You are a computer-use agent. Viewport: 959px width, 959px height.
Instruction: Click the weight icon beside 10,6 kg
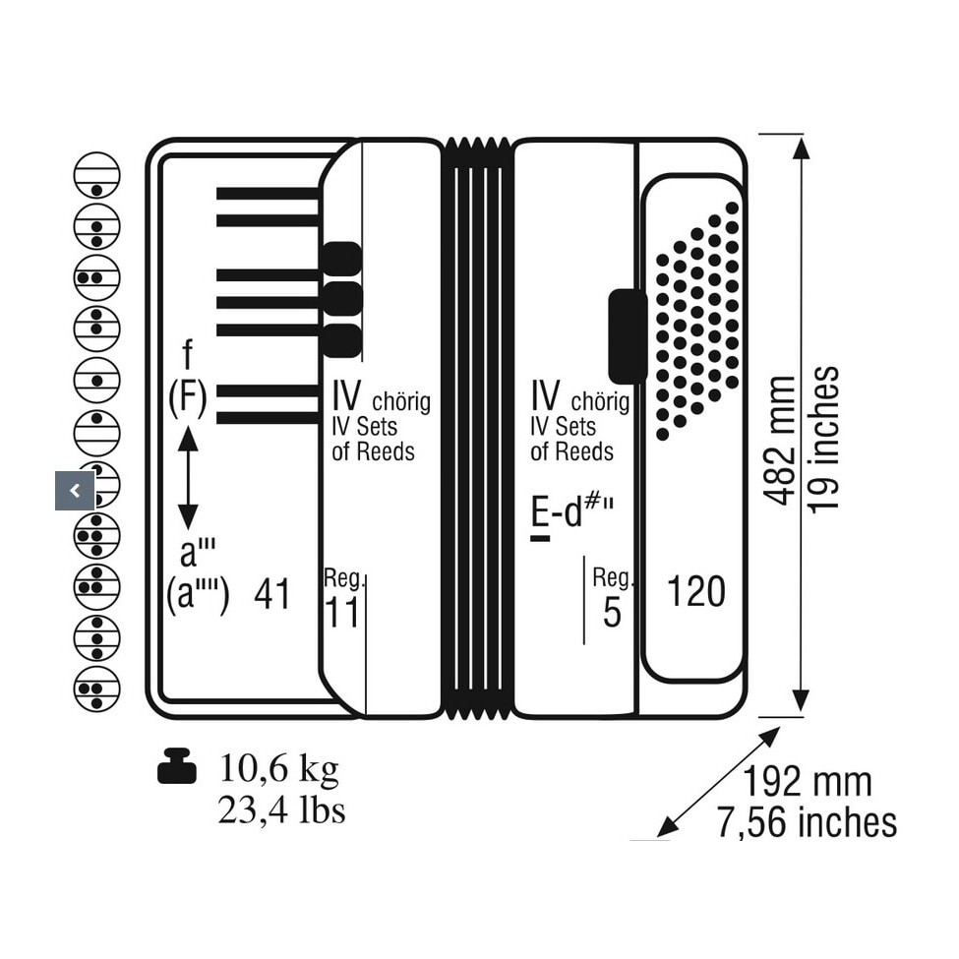click(x=177, y=766)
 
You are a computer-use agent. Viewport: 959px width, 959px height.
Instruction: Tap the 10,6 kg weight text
click(x=279, y=769)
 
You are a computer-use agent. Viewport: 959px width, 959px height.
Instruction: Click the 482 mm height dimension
click(x=780, y=441)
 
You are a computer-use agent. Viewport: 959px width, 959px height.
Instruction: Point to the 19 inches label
click(x=822, y=440)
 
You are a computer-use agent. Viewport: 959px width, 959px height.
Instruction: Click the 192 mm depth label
click(x=808, y=782)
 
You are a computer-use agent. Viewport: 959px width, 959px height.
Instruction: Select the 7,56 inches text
click(x=808, y=822)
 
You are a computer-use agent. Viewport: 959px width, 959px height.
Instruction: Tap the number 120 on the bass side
click(x=696, y=591)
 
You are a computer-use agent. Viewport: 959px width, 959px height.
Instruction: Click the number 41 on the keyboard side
click(x=272, y=593)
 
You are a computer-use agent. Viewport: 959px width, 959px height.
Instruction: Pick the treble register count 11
click(x=342, y=612)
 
